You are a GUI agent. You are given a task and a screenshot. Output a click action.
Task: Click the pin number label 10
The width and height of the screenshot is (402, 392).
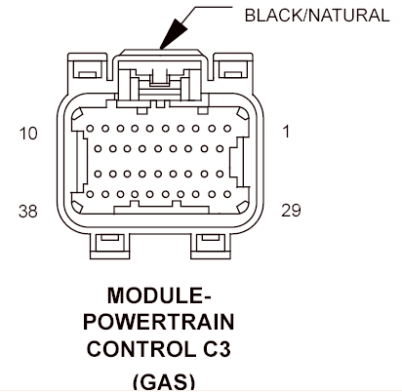(x=28, y=134)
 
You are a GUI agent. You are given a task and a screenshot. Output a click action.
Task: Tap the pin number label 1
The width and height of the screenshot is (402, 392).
(x=286, y=132)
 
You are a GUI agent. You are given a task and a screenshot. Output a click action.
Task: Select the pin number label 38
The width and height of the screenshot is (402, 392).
(x=28, y=212)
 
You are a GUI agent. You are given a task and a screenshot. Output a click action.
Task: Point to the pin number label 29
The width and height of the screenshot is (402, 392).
(x=291, y=211)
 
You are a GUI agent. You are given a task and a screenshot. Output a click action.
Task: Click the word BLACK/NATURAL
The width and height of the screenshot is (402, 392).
(x=317, y=16)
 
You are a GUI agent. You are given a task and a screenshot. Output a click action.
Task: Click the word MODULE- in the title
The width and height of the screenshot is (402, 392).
(x=159, y=295)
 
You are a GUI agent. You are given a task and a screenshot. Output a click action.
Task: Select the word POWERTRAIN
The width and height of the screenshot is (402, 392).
(x=159, y=322)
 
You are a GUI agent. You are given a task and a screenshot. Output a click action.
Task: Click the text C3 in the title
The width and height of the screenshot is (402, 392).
(x=218, y=349)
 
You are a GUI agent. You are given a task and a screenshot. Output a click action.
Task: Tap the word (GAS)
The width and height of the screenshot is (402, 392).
(x=164, y=381)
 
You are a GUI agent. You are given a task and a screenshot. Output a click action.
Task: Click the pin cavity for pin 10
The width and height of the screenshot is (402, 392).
(x=90, y=129)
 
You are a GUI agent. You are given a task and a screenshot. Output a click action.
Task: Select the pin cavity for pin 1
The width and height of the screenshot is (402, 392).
(x=227, y=129)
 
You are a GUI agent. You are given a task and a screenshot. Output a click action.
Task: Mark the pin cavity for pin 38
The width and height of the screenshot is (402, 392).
(x=90, y=194)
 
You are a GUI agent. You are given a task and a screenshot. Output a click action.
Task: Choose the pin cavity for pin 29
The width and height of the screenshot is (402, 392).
(x=227, y=194)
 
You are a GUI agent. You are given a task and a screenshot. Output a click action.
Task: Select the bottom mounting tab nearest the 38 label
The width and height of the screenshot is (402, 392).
(x=109, y=246)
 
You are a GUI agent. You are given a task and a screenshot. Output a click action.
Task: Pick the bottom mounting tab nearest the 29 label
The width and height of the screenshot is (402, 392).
(x=211, y=246)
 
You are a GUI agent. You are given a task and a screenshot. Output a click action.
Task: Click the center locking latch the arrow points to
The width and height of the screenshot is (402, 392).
(x=160, y=77)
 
